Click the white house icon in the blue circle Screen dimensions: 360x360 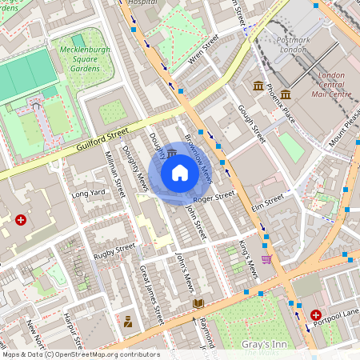[180, 173]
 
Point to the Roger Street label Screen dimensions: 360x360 [214, 196]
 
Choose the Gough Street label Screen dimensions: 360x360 [250, 124]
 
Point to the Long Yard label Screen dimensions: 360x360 [89, 193]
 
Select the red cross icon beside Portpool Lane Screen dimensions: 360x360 [316, 316]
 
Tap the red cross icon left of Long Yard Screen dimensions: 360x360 [21, 218]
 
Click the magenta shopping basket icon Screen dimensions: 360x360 [266, 258]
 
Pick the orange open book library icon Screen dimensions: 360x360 [198, 303]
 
